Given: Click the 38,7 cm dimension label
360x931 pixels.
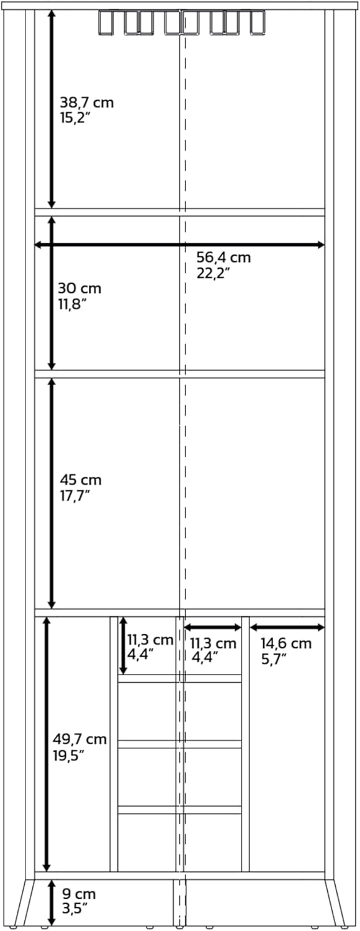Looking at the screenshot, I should click(86, 103).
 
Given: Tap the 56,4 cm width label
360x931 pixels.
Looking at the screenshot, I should click(223, 258).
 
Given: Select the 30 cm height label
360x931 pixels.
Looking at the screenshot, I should click(79, 289).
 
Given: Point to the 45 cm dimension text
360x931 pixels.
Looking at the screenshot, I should click(80, 480).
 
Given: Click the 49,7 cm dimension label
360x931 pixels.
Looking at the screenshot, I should click(79, 739).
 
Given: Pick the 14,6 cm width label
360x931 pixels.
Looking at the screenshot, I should click(286, 644).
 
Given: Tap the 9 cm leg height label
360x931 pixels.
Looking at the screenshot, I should click(79, 894).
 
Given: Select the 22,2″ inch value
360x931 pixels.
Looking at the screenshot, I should click(214, 273).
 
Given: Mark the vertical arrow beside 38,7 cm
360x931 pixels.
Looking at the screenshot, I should click(52, 109).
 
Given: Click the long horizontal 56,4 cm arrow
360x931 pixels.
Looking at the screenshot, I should click(179, 245).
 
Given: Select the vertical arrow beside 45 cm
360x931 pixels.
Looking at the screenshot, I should click(52, 493).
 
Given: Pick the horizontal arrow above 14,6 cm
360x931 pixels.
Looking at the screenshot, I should click(287, 627).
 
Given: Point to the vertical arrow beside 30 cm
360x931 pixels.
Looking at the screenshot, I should click(52, 293).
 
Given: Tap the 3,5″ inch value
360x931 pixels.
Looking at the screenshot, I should click(74, 909).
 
